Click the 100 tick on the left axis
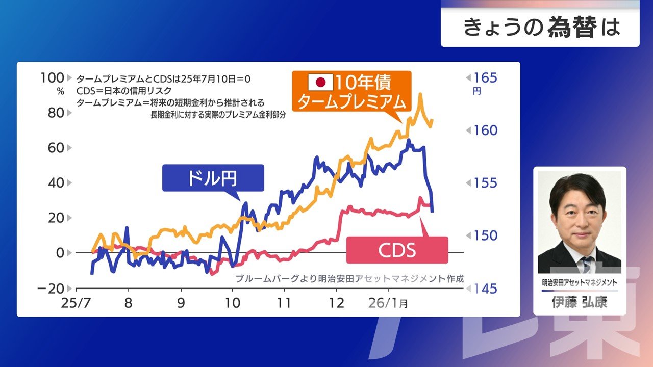[x=52, y=78]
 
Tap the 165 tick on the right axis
[x=485, y=78]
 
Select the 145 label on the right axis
[x=485, y=289]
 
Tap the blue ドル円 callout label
[x=213, y=178]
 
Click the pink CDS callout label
[x=396, y=250]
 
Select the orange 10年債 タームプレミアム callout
[x=351, y=92]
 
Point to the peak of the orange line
[x=420, y=94]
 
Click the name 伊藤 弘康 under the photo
[x=580, y=303]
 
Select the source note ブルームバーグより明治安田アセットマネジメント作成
[x=350, y=279]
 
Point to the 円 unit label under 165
[x=476, y=92]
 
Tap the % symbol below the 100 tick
[x=61, y=92]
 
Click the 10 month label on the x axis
[x=232, y=303]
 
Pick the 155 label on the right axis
[x=485, y=183]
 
